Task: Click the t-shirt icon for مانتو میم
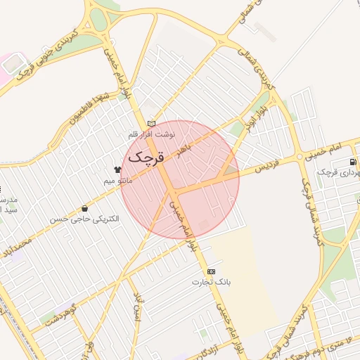point(117,169)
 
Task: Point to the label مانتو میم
point(117,181)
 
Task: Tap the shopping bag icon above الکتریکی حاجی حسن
point(85,208)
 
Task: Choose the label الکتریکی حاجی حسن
point(84,219)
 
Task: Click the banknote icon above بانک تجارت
point(212,271)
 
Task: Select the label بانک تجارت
point(212,282)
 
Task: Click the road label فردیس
point(267,167)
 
